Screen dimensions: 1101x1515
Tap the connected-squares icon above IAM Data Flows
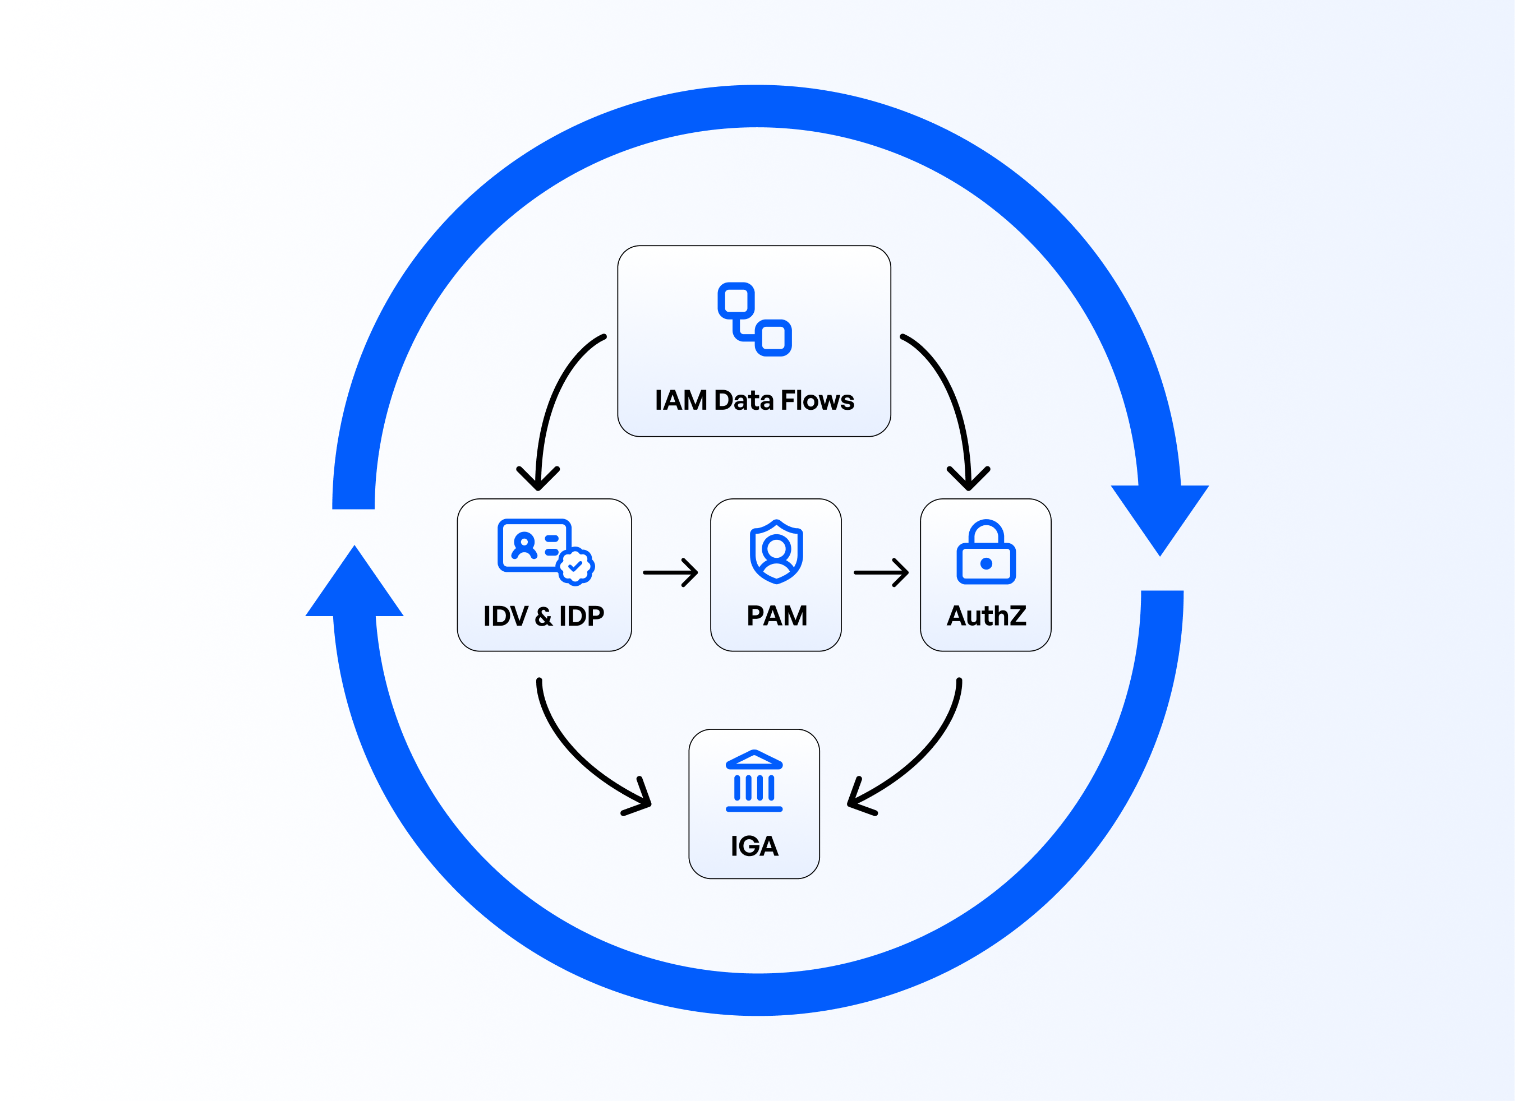[x=754, y=319]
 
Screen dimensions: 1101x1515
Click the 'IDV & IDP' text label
[x=544, y=616]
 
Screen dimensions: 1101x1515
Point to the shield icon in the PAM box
[x=776, y=552]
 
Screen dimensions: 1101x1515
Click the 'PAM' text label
[x=777, y=616]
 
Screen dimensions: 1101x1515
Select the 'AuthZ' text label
[x=986, y=616]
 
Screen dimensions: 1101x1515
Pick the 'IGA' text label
[x=754, y=846]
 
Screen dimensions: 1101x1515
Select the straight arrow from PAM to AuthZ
[x=881, y=572]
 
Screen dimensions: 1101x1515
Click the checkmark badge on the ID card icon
[x=575, y=567]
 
